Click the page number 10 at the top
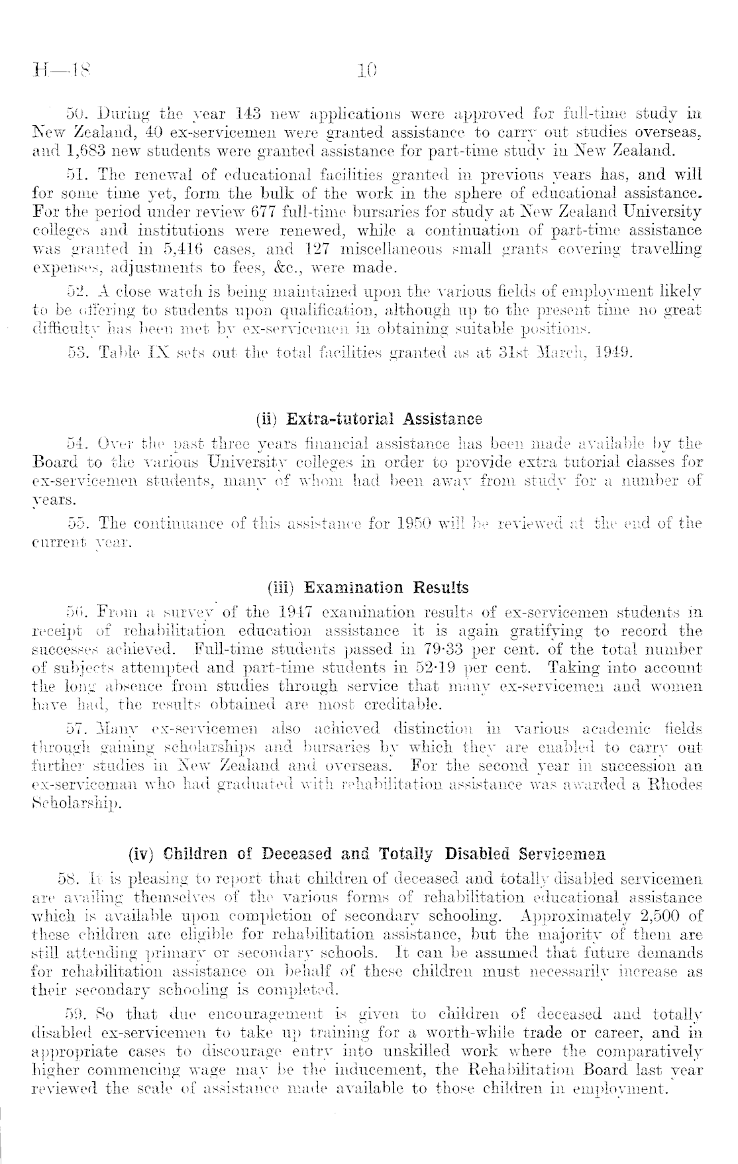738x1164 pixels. pos(367,69)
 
